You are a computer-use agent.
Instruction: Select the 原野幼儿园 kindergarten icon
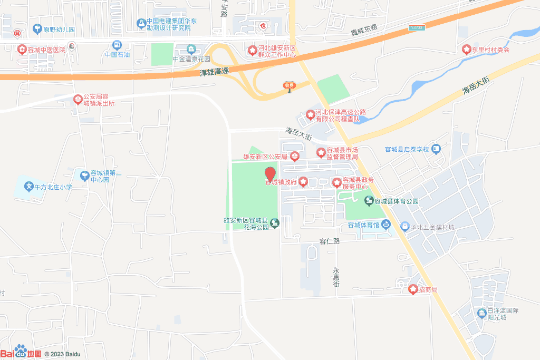37,29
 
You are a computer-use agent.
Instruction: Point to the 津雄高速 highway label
215,72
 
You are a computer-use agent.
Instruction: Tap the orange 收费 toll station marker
288,86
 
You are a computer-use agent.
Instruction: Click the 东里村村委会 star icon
466,50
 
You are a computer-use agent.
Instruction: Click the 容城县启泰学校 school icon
436,149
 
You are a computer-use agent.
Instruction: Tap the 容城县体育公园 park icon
370,200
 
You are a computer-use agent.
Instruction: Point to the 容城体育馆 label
363,226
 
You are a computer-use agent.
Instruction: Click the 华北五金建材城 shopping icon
404,227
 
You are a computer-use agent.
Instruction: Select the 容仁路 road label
330,241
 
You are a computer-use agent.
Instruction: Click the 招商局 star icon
413,289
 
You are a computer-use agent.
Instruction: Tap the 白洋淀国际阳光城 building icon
481,314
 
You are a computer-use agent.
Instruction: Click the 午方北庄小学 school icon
28,187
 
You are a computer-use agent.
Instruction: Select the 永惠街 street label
336,277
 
